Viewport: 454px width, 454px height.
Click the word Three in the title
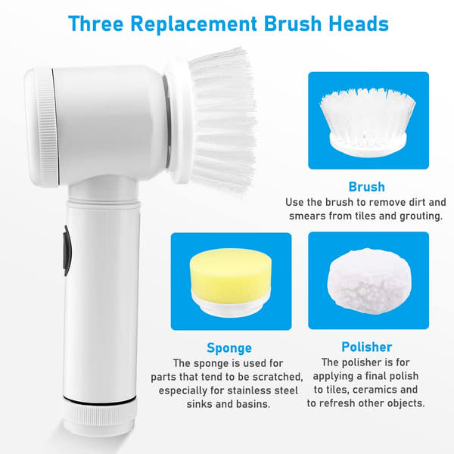(x=96, y=23)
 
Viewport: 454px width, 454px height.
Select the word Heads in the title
(x=359, y=23)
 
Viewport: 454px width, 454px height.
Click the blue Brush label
(x=366, y=187)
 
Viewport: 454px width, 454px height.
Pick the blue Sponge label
(x=229, y=348)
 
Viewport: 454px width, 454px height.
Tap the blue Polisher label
(x=366, y=347)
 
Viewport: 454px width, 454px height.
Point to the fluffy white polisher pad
(x=369, y=281)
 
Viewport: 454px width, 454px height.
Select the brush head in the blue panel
(x=368, y=122)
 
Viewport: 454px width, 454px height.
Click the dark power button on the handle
(x=67, y=250)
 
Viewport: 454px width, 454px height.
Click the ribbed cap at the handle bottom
(x=99, y=416)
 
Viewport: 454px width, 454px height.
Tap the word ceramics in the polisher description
(x=379, y=390)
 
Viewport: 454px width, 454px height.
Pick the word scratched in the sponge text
(x=278, y=377)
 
